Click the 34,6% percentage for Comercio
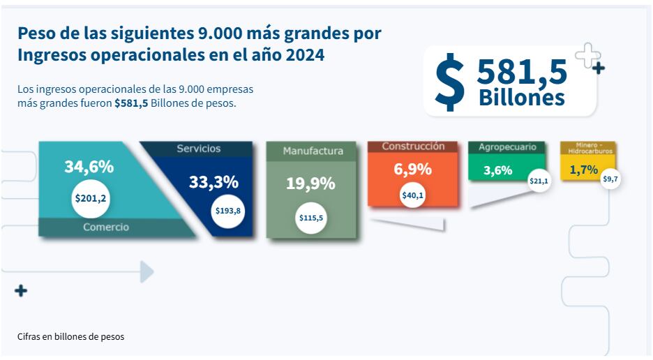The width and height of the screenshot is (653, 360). (89, 167)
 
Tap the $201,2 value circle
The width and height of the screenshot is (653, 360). (91, 199)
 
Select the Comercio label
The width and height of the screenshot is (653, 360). (106, 227)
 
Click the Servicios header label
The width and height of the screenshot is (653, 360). (198, 149)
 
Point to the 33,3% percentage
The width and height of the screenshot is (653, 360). (213, 182)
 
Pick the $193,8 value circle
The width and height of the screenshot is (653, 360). (228, 210)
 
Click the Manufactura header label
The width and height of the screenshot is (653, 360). (313, 151)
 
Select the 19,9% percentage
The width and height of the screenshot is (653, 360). (310, 183)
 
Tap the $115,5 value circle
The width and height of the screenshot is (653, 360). (310, 218)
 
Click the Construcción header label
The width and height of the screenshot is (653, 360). (413, 147)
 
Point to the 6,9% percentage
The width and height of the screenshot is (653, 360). (412, 170)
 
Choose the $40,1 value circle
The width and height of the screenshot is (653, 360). (413, 195)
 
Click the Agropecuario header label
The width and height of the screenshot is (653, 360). (507, 147)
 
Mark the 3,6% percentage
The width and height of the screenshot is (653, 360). (498, 170)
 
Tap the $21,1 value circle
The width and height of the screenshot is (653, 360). (539, 181)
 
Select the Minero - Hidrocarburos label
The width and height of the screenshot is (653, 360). (587, 147)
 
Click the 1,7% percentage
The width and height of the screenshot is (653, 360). (583, 170)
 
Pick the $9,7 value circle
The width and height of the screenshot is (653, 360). (610, 179)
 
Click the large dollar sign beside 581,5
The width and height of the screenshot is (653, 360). (450, 82)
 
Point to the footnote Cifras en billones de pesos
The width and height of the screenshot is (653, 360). (70, 337)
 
